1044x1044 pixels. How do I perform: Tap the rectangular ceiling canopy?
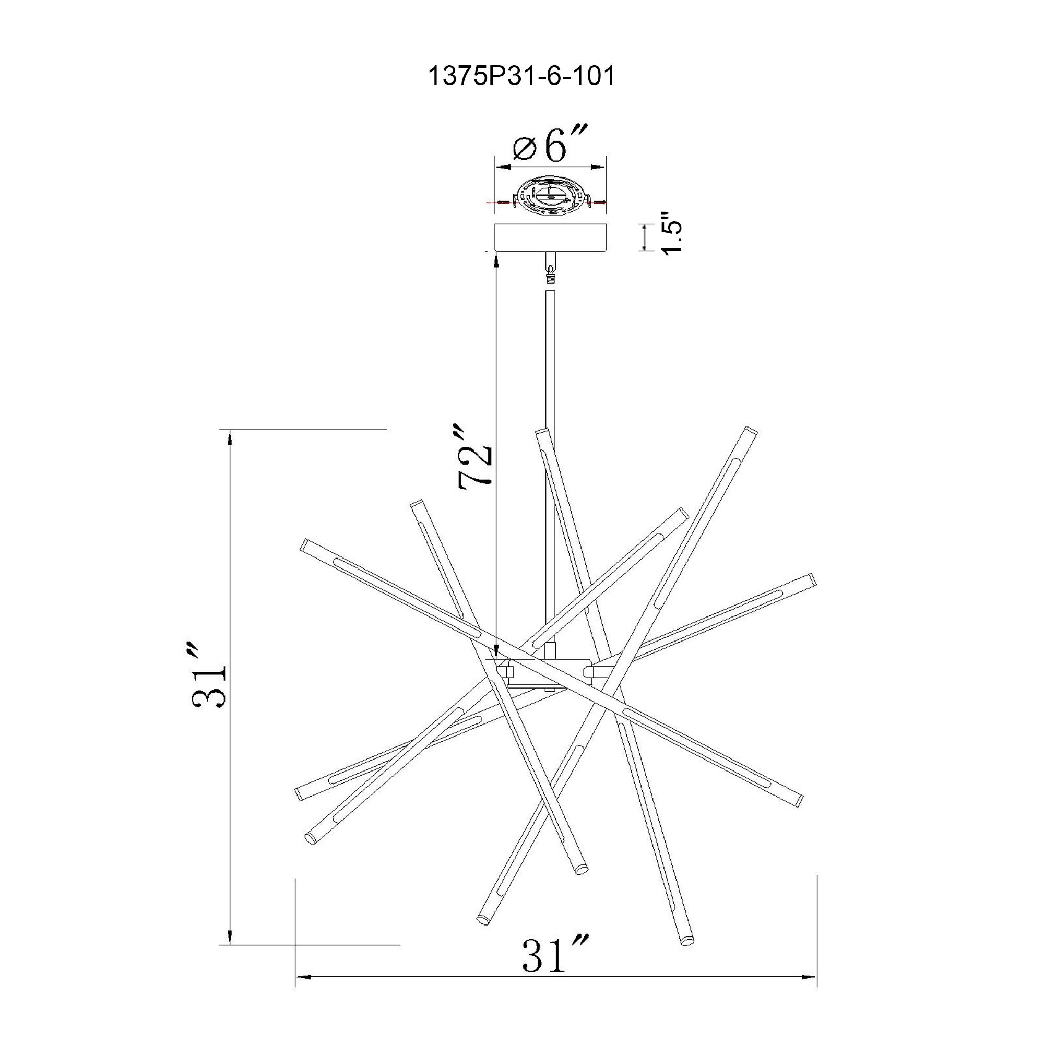551,237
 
